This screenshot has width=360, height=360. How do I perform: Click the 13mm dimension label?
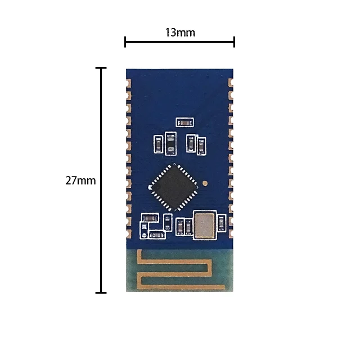tap(180, 32)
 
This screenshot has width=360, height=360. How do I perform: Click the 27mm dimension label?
tap(80, 181)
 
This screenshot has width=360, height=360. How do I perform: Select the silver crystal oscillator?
tap(204, 224)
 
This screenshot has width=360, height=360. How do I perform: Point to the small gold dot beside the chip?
tap(206, 183)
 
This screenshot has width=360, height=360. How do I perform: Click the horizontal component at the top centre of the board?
tap(184, 121)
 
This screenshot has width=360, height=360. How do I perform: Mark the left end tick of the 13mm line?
tap(125, 42)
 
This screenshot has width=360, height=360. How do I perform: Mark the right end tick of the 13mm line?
tap(234, 42)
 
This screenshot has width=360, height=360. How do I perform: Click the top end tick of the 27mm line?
tap(101, 68)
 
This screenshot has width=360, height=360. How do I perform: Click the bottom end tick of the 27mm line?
tap(101, 292)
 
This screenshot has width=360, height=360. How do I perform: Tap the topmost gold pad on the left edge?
tap(129, 83)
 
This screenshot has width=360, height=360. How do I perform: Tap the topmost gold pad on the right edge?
tap(230, 83)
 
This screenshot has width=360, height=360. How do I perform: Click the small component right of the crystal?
tap(223, 224)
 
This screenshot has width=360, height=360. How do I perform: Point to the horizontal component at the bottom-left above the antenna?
tap(150, 218)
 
